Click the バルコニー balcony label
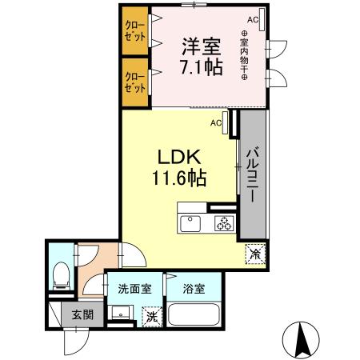click(250, 174)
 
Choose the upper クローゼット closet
click(134, 31)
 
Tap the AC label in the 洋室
click(252, 18)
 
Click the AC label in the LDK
click(216, 123)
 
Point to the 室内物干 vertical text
click(244, 55)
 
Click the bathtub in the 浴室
click(194, 317)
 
